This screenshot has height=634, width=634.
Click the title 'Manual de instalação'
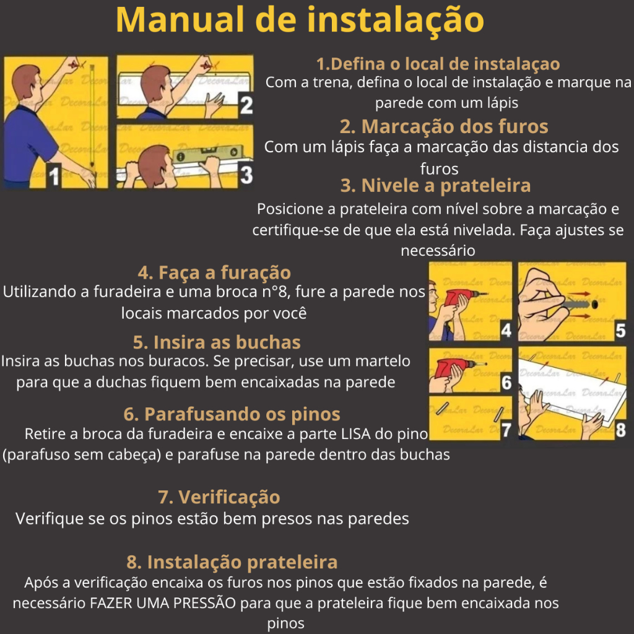click(300, 21)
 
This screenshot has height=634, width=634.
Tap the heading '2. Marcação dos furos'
click(443, 126)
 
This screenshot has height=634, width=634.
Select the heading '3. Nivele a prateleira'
click(435, 186)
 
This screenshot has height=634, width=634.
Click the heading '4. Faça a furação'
click(214, 272)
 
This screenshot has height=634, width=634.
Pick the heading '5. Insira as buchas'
click(217, 342)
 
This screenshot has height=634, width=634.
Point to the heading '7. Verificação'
click(219, 497)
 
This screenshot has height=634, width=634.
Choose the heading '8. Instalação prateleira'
click(232, 562)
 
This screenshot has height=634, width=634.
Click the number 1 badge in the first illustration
click(54, 175)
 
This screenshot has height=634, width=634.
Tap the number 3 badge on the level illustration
click(246, 175)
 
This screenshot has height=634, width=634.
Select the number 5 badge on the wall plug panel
click(620, 331)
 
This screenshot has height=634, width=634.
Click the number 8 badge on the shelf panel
click(620, 430)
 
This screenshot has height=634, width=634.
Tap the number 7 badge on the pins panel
click(506, 430)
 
